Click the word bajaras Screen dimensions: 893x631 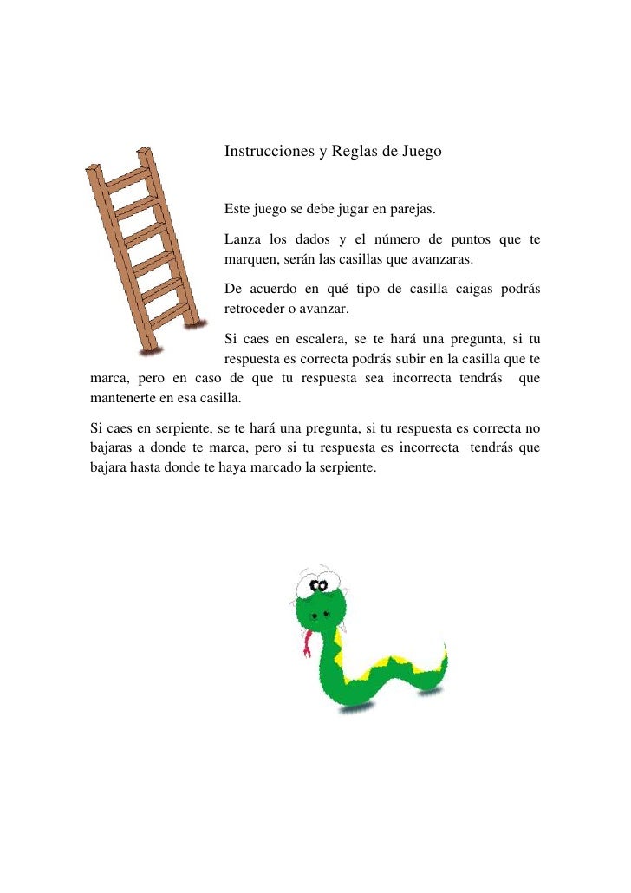click(113, 448)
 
